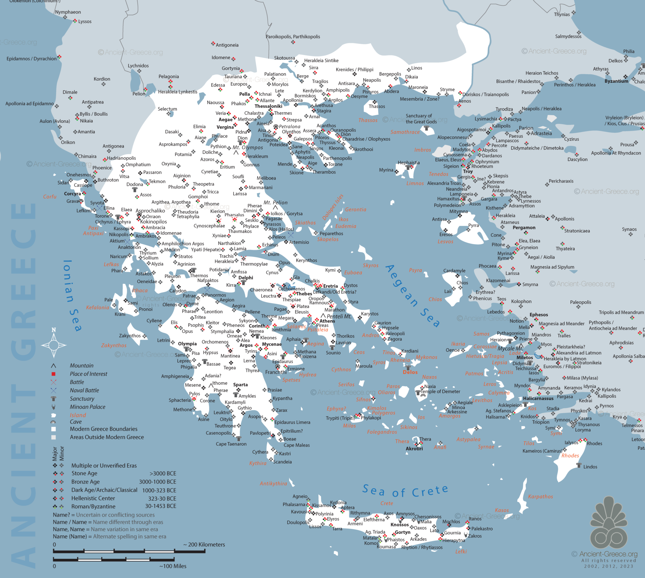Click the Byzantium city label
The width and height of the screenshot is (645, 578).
[x=616, y=81]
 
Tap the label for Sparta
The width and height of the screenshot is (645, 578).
[x=240, y=385]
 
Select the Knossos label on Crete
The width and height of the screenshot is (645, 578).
[x=399, y=525]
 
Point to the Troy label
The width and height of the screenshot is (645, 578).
[x=468, y=171]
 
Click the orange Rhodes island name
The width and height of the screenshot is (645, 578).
[x=570, y=456]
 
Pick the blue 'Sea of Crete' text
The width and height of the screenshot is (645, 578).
[x=405, y=491]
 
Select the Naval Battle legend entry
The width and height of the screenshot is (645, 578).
[x=84, y=390]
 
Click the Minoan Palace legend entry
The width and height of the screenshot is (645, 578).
[x=87, y=407]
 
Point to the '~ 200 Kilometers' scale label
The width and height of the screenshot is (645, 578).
[x=204, y=545]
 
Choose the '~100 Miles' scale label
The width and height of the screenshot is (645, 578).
[x=173, y=566]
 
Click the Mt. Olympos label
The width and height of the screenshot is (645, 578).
[x=248, y=148]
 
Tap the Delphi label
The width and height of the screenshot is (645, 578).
[x=246, y=278]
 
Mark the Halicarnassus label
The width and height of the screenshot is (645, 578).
[x=538, y=399]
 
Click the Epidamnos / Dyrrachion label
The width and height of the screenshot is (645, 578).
[x=31, y=59]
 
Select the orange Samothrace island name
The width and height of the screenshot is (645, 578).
[x=405, y=132]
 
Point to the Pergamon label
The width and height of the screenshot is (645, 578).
[x=524, y=228]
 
